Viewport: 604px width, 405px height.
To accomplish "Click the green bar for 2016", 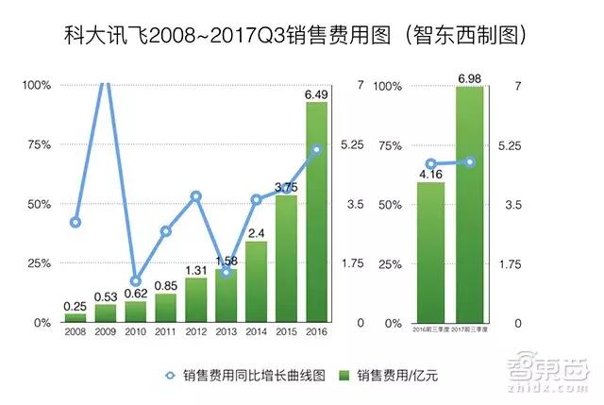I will coord(316,212).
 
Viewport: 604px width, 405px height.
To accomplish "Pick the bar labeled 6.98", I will coord(470,204).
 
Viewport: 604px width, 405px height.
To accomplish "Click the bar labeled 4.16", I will coord(430,252).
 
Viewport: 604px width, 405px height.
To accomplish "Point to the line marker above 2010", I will coord(136,281).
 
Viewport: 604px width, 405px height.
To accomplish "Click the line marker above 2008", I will coord(75,223).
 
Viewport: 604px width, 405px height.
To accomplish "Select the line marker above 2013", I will coord(226,272).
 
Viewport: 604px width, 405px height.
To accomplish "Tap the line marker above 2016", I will coord(317,149).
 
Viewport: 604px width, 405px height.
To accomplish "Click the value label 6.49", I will coord(316,94).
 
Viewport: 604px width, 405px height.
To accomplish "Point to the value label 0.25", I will coord(75,306).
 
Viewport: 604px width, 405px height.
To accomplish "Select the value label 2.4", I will coord(256,233).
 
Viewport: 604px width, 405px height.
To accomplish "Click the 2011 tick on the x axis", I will coord(165,332).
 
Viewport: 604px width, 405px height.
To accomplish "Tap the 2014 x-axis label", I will coord(256,332).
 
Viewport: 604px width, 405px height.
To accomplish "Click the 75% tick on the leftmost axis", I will coord(38,144).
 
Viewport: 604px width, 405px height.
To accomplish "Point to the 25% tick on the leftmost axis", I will coord(38,263).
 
